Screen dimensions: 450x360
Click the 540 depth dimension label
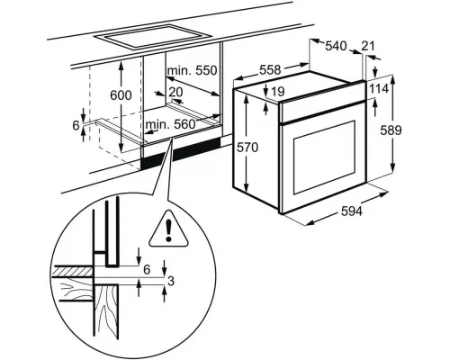pyautogui.click(x=336, y=46)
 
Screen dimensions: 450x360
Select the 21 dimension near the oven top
pyautogui.click(x=368, y=46)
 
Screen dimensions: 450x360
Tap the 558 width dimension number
pyautogui.click(x=270, y=70)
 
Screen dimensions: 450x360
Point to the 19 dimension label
pyautogui.click(x=277, y=91)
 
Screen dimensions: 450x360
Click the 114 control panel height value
pyautogui.click(x=378, y=89)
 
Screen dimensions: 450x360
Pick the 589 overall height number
pyautogui.click(x=391, y=130)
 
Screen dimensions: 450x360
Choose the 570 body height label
pyautogui.click(x=247, y=148)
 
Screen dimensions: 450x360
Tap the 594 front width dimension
pyautogui.click(x=352, y=211)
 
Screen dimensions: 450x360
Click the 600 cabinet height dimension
pyautogui.click(x=121, y=95)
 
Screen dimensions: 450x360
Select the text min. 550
pyautogui.click(x=192, y=70)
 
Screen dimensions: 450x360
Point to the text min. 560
pyautogui.click(x=171, y=124)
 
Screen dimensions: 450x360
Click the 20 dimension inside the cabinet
pyautogui.click(x=175, y=92)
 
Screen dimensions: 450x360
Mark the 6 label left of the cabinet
pyautogui.click(x=76, y=125)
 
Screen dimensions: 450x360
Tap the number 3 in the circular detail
pyautogui.click(x=171, y=282)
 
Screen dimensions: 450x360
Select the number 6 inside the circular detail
pyautogui.click(x=147, y=270)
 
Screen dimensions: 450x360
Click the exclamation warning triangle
pyautogui.click(x=168, y=229)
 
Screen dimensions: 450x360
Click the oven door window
pyautogui.click(x=324, y=157)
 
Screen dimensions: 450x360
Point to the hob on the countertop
pyautogui.click(x=153, y=36)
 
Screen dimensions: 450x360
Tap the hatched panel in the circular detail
pyautogui.click(x=71, y=273)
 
